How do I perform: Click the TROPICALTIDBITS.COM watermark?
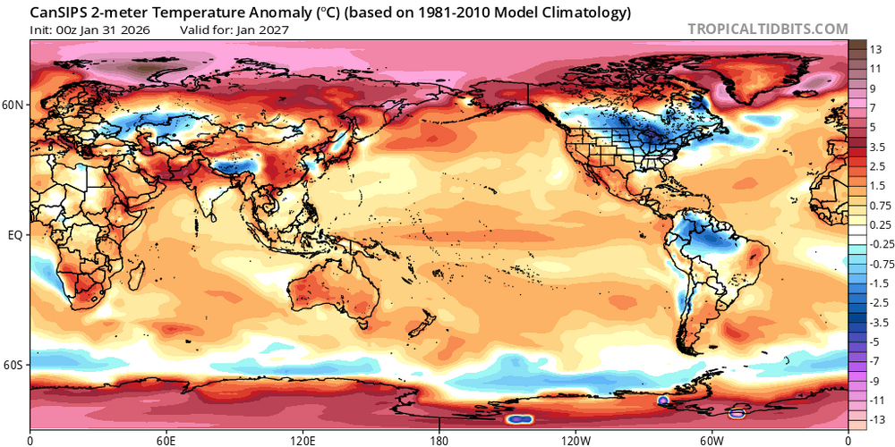(x=767, y=29)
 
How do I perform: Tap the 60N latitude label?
(x=14, y=105)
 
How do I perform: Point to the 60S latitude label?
(x=14, y=366)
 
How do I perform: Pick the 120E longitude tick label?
(x=303, y=440)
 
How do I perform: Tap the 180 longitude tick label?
(x=439, y=440)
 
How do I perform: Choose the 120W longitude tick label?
(x=575, y=440)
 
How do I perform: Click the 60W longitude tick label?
(x=712, y=440)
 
